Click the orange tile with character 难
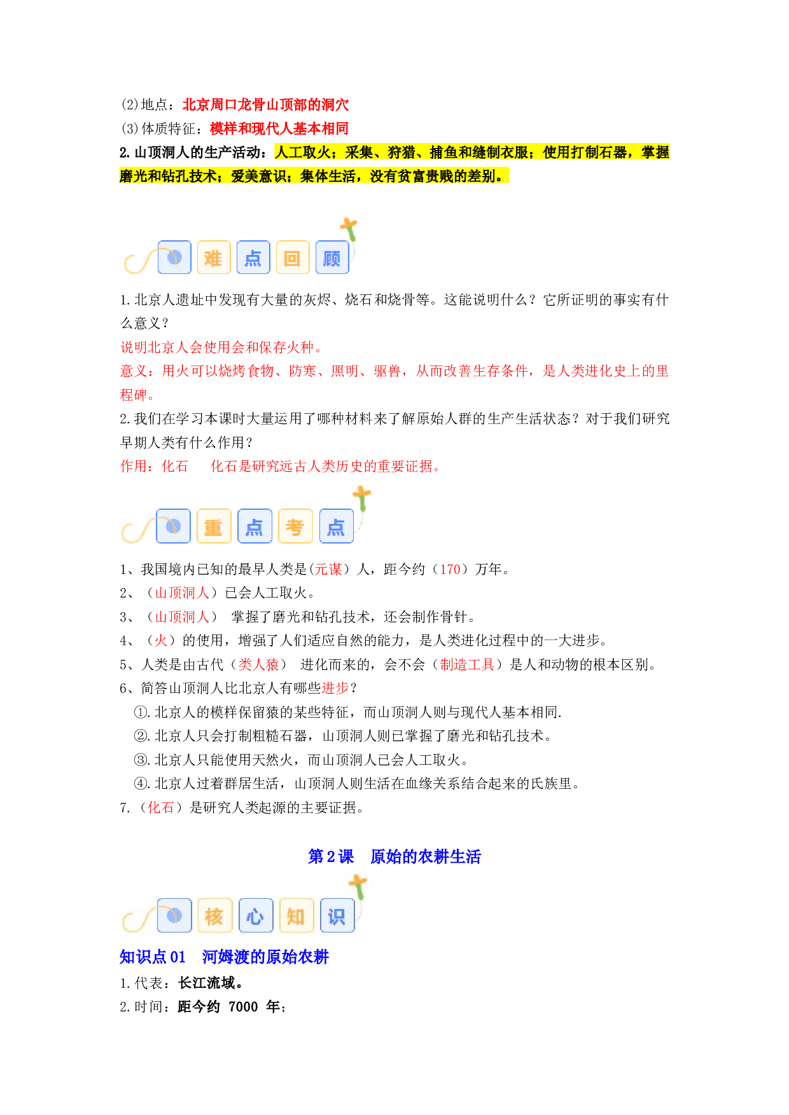[214, 257]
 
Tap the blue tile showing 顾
[332, 257]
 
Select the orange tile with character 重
[214, 526]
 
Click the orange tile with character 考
[295, 526]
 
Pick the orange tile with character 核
[214, 915]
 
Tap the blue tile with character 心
[255, 915]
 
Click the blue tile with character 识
[337, 915]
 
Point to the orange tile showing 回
[293, 257]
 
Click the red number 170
[450, 569]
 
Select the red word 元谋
[328, 569]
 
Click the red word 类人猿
[258, 664]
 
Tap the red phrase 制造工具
[467, 664]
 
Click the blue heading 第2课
[331, 856]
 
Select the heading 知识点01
[153, 957]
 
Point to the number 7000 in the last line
[243, 1006]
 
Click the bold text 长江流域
[206, 983]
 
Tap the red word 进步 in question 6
[335, 688]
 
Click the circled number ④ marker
[141, 783]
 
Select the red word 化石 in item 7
[161, 807]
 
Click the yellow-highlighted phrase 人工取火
[302, 152]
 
